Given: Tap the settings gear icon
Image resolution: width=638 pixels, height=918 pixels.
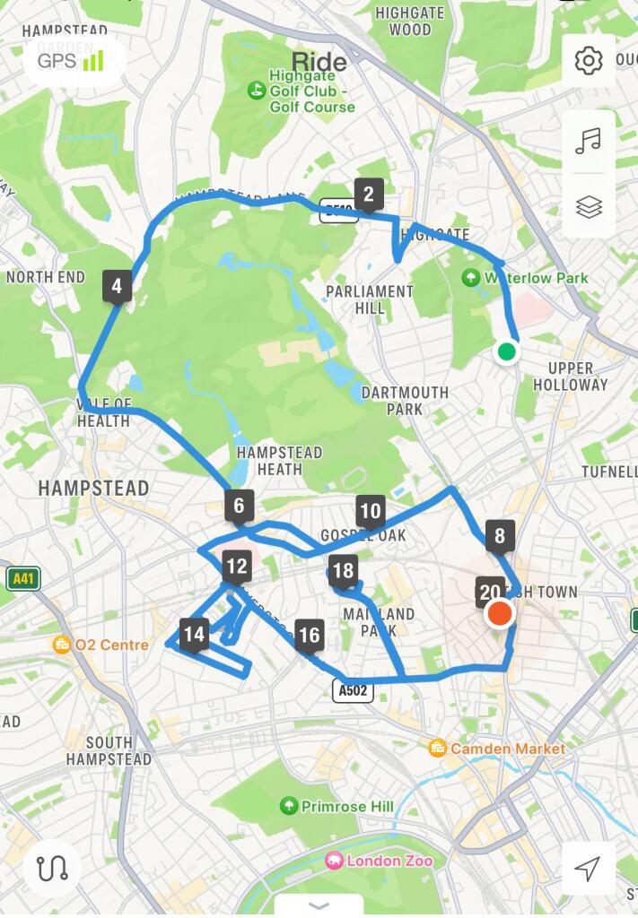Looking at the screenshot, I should (x=589, y=61).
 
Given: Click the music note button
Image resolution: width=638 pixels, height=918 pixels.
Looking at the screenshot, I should (x=589, y=141).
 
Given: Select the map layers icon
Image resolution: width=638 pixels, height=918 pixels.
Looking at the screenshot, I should (x=589, y=207).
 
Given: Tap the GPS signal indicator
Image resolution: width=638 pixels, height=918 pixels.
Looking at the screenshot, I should (x=71, y=61).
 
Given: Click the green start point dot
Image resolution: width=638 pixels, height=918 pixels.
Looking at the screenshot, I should (x=507, y=351).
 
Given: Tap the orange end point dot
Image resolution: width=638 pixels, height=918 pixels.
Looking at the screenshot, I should (x=499, y=615).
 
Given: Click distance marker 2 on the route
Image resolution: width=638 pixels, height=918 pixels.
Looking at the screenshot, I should (x=368, y=193).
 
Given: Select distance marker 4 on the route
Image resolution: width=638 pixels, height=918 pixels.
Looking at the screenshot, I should (x=117, y=287).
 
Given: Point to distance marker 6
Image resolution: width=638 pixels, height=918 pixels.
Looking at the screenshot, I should (x=239, y=506).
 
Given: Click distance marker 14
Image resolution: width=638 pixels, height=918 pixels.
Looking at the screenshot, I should (x=194, y=635).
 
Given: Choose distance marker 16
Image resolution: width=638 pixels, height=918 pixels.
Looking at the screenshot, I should (x=309, y=636).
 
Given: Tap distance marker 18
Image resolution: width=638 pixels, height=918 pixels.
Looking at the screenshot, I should (x=343, y=570).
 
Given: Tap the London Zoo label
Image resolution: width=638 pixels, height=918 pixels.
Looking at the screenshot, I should (x=380, y=861).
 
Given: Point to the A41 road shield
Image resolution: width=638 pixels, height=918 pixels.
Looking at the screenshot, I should (x=23, y=578).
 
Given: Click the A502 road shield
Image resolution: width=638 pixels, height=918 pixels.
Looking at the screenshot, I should (x=353, y=689).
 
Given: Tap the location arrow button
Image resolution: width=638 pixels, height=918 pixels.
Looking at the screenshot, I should (x=588, y=868).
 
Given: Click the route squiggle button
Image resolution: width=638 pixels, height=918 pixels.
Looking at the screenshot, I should (x=52, y=868).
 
